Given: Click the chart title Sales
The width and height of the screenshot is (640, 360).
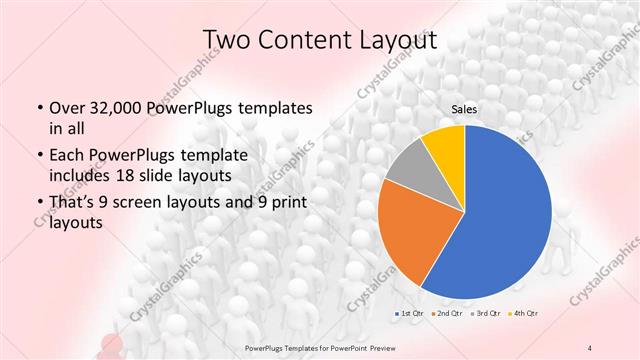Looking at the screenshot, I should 464,108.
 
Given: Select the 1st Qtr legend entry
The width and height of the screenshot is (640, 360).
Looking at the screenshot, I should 409,315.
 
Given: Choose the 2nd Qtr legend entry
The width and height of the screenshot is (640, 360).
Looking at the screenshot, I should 446,315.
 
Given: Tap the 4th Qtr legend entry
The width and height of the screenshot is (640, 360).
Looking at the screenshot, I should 521,315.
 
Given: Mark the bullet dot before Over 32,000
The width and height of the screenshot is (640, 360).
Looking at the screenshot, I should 39,108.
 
